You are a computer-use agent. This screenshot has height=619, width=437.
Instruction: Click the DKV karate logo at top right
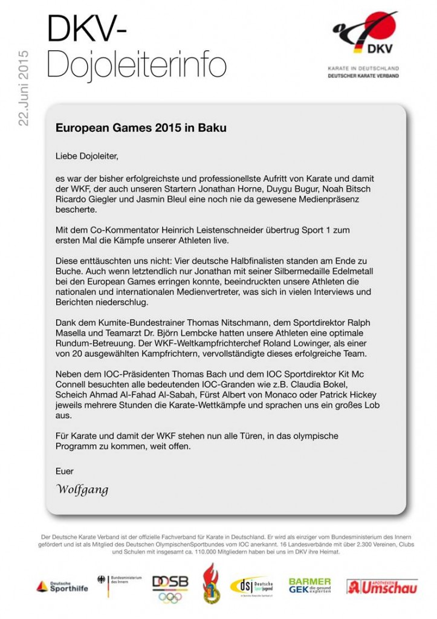pyautogui.click(x=364, y=45)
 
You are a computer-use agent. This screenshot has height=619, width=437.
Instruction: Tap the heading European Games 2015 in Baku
pyautogui.click(x=141, y=128)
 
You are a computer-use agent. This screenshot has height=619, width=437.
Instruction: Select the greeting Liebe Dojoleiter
pyautogui.click(x=87, y=157)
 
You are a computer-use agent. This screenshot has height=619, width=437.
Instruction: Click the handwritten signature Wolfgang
pyautogui.click(x=82, y=489)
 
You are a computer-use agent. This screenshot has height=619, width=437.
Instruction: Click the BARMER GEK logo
pyautogui.click(x=309, y=585)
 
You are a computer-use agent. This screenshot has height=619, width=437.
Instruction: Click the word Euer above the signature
pyautogui.click(x=64, y=471)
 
